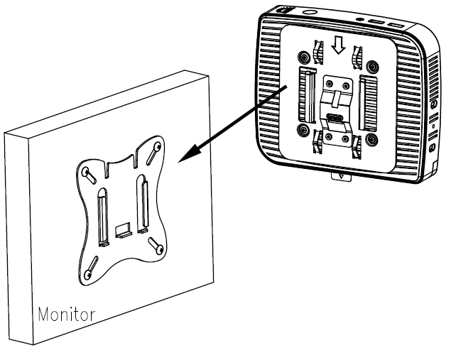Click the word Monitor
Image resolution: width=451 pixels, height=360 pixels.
(66, 315)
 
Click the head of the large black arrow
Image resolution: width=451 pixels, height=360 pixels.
(190, 154)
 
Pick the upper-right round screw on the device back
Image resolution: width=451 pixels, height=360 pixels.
(373, 67)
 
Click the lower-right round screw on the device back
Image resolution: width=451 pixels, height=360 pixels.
(371, 139)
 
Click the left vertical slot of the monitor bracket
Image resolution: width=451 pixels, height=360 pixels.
(103, 217)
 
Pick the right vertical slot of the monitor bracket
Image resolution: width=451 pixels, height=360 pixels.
(143, 203)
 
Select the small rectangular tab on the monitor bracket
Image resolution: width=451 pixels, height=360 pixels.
(124, 229)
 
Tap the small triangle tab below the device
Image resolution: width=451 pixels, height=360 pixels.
(341, 176)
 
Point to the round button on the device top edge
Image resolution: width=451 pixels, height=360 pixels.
(310, 12)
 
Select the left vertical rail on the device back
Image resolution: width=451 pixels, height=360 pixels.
(308, 94)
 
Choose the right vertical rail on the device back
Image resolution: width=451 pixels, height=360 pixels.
(368, 104)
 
